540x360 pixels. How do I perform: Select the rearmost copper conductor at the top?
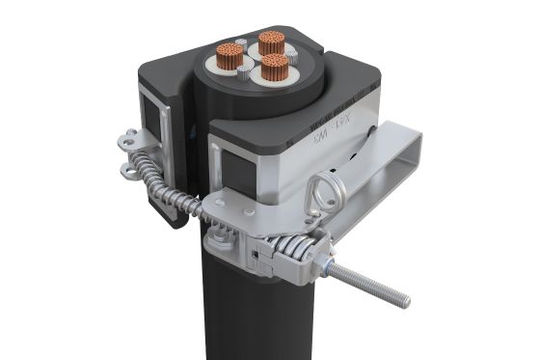(x=270, y=42)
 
